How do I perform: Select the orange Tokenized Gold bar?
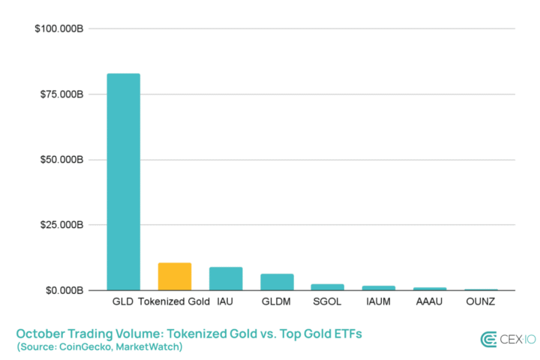click(x=174, y=277)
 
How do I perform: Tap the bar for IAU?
click(x=226, y=279)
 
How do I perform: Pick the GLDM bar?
click(x=277, y=282)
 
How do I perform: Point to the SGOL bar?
click(x=328, y=287)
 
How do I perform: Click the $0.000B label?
click(x=64, y=290)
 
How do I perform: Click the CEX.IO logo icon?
click(x=489, y=339)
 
